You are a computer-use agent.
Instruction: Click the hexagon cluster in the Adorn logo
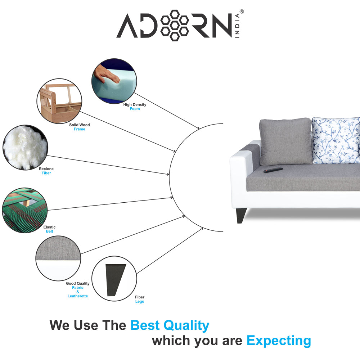[x=175, y=26]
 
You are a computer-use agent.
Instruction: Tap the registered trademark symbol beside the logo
[x=242, y=12]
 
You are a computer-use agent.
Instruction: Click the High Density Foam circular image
[x=114, y=81]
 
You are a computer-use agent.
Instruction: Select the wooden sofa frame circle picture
[x=59, y=101]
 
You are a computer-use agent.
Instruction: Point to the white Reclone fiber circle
[x=25, y=147]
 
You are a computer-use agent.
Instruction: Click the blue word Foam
[x=135, y=109]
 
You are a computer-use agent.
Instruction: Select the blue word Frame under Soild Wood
[x=79, y=129]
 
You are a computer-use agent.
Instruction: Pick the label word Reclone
[x=46, y=169]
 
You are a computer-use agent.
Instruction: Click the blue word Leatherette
[x=77, y=296]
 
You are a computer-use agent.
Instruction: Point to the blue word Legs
[x=140, y=301]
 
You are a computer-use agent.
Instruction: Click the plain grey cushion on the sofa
[x=285, y=141]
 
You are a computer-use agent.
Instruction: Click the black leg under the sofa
[x=241, y=215]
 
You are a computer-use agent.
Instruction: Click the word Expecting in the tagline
[x=279, y=340]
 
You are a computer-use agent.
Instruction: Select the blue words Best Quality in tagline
[x=170, y=325]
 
